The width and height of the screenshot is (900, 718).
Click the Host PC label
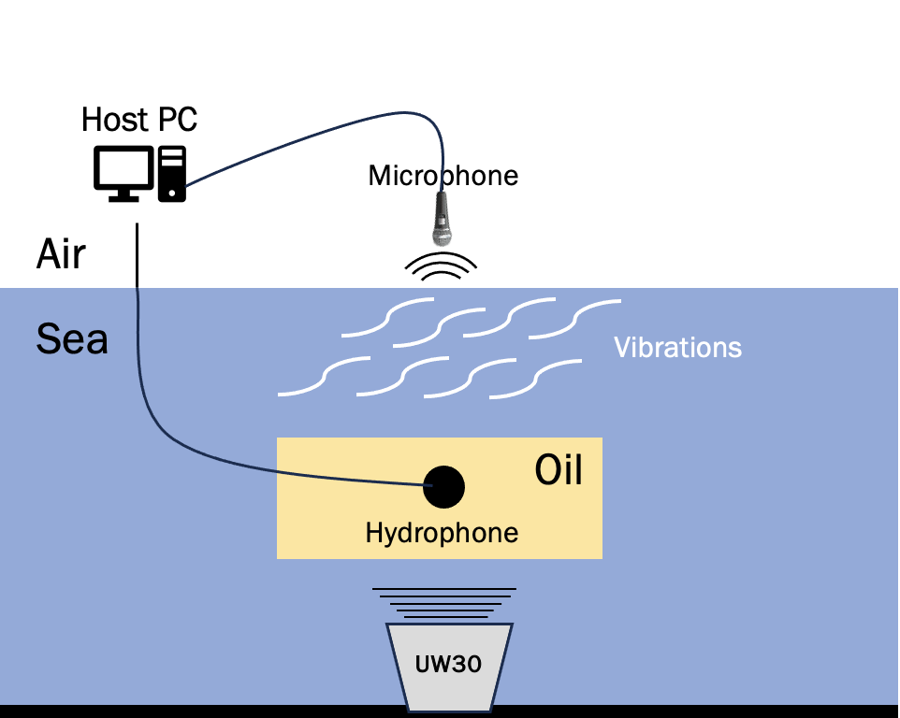click(x=139, y=120)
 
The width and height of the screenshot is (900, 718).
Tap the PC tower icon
click(x=171, y=174)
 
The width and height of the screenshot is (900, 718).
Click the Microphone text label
click(x=443, y=176)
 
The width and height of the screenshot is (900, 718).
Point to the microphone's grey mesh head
click(x=442, y=236)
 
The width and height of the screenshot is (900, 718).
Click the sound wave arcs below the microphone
click(x=441, y=266)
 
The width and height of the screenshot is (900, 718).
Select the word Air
click(x=61, y=253)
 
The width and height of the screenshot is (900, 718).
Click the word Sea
click(x=72, y=338)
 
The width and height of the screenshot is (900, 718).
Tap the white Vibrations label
click(x=678, y=348)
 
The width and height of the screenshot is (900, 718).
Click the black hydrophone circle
click(x=443, y=487)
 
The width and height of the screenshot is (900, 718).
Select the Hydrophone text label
click(x=442, y=533)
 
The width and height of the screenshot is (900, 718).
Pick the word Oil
click(x=559, y=470)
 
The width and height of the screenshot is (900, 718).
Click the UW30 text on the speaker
click(x=448, y=664)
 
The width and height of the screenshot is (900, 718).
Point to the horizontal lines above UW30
click(x=444, y=603)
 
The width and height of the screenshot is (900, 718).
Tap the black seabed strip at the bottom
click(x=450, y=711)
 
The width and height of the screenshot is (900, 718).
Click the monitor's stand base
click(x=124, y=198)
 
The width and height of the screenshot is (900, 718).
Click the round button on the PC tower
click(x=171, y=194)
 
